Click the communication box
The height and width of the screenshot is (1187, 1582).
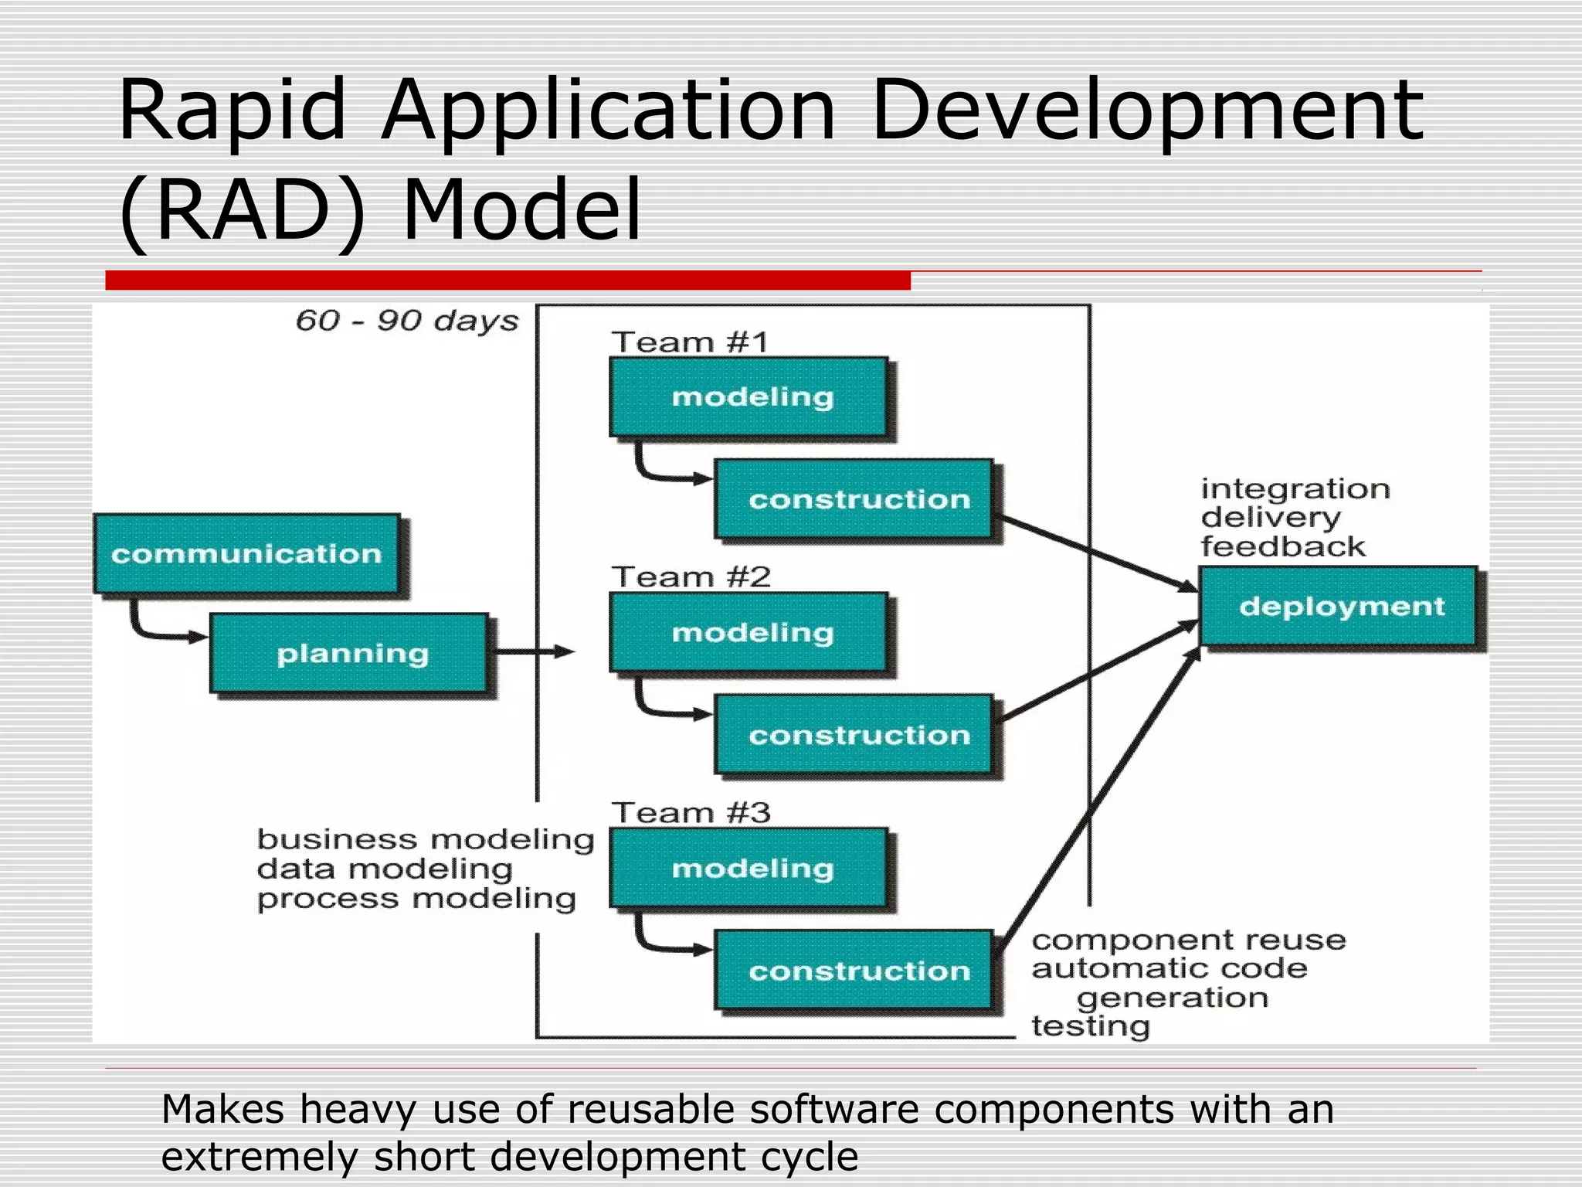pyautogui.click(x=246, y=554)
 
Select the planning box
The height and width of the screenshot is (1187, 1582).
pyautogui.click(x=349, y=654)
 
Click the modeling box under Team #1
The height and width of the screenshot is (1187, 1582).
pyautogui.click(x=749, y=397)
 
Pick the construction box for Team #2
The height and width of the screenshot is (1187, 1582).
pyautogui.click(x=854, y=735)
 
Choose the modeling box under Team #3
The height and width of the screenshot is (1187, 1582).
pyautogui.click(x=749, y=868)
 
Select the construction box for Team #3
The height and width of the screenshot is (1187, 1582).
pyautogui.click(x=854, y=971)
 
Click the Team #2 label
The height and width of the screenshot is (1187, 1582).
pyautogui.click(x=691, y=577)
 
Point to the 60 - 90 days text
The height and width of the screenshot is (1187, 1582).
pyautogui.click(x=407, y=321)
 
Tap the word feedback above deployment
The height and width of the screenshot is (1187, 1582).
pyautogui.click(x=1283, y=547)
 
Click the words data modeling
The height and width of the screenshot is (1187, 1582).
pyautogui.click(x=385, y=869)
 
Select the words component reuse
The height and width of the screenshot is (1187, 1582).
pyautogui.click(x=1189, y=940)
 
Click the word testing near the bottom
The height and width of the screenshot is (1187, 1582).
pyautogui.click(x=1091, y=1027)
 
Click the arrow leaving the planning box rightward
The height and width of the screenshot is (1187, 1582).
pyautogui.click(x=533, y=652)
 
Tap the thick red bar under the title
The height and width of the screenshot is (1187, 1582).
pyautogui.click(x=508, y=281)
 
